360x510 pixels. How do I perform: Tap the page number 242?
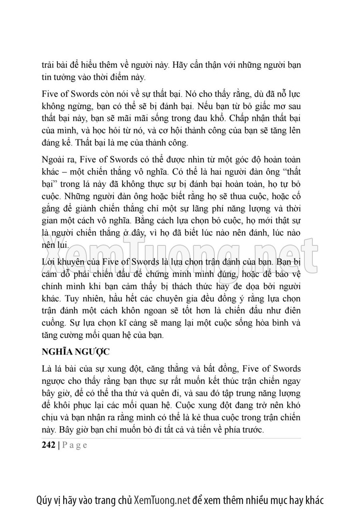49,446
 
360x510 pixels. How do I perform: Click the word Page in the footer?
74,446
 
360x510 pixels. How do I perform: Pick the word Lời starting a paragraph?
49,262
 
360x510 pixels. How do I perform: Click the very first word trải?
49,64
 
